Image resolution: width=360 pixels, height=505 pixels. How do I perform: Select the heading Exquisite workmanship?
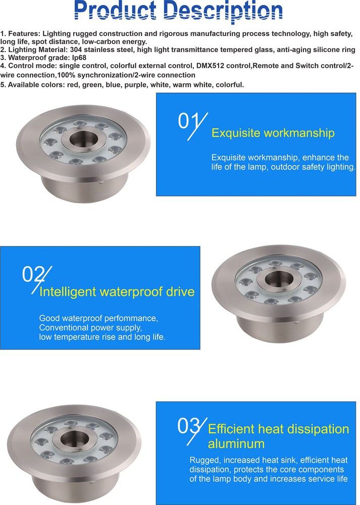click(x=273, y=133)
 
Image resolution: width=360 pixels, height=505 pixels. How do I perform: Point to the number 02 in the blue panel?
click(x=35, y=275)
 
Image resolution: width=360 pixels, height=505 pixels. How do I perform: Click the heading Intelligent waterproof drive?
click(x=117, y=291)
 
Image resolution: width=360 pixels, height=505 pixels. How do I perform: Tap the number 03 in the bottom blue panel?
click(x=190, y=426)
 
